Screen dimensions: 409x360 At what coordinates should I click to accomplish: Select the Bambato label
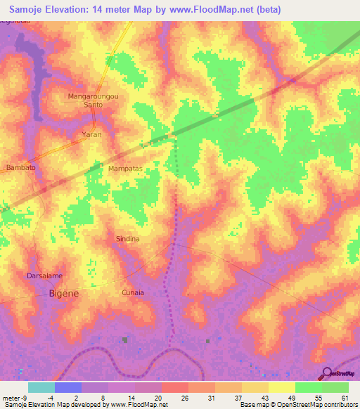tap(20, 167)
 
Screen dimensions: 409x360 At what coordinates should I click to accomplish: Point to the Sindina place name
tap(127, 239)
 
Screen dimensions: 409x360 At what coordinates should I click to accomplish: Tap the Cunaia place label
tap(133, 292)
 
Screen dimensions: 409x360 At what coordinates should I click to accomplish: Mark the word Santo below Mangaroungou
tap(94, 104)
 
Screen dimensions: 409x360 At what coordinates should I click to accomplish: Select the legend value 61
tap(344, 397)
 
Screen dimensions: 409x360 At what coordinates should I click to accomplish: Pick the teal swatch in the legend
tap(41, 387)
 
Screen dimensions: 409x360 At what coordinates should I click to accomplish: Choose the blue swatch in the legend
tap(68, 387)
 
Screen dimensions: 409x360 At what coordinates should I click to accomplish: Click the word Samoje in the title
tap(31, 10)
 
